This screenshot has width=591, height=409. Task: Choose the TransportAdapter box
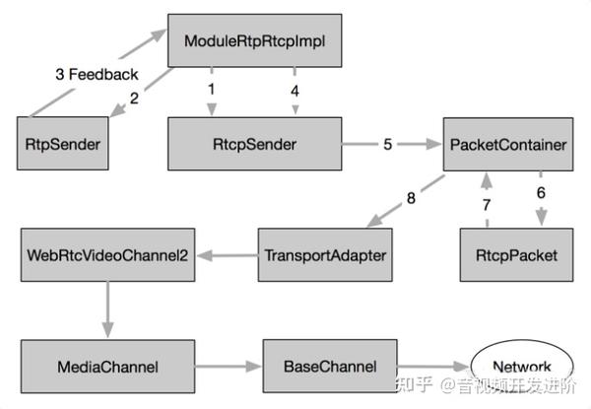[x=324, y=255]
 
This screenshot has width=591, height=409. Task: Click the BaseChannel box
[x=328, y=367]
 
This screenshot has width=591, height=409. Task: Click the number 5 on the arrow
[x=387, y=144]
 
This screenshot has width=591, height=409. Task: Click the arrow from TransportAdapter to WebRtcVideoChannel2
[x=226, y=255]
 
